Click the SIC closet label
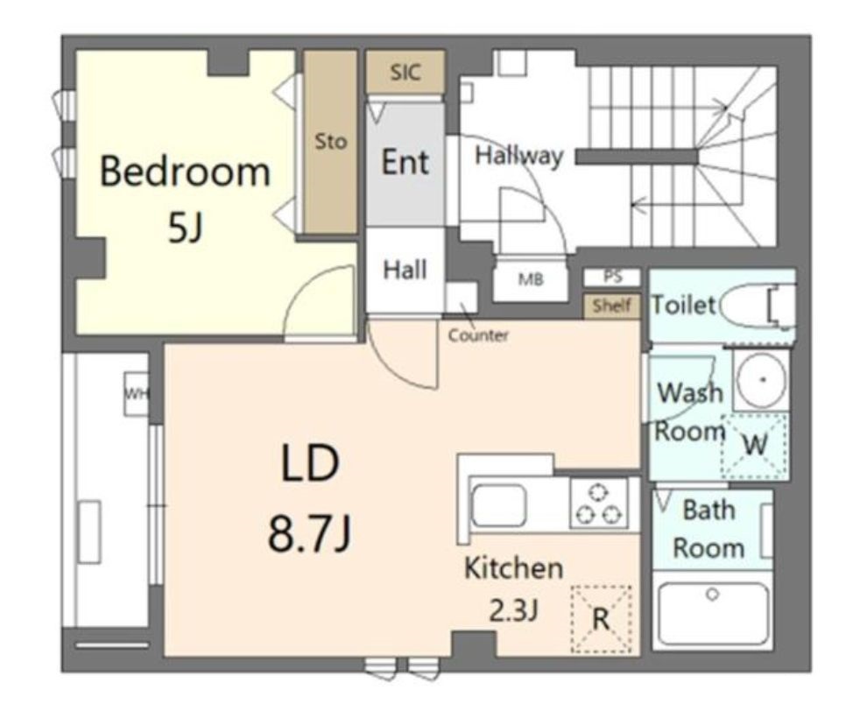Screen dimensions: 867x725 [405, 72]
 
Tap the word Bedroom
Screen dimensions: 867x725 [186, 171]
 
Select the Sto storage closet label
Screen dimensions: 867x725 [331, 142]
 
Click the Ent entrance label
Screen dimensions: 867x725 [405, 162]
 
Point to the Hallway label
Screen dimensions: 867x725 [519, 156]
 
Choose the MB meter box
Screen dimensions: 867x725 [530, 279]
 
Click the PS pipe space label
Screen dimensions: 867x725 [613, 277]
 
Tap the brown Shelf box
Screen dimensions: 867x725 [612, 306]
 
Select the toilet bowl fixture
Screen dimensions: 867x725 [757, 306]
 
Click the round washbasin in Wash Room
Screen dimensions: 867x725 [762, 379]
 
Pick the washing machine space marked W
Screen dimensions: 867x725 [755, 445]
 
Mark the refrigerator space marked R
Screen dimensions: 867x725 [601, 618]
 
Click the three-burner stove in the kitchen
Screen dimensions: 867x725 [599, 503]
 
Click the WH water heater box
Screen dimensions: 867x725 [136, 394]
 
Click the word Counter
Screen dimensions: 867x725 [478, 335]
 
